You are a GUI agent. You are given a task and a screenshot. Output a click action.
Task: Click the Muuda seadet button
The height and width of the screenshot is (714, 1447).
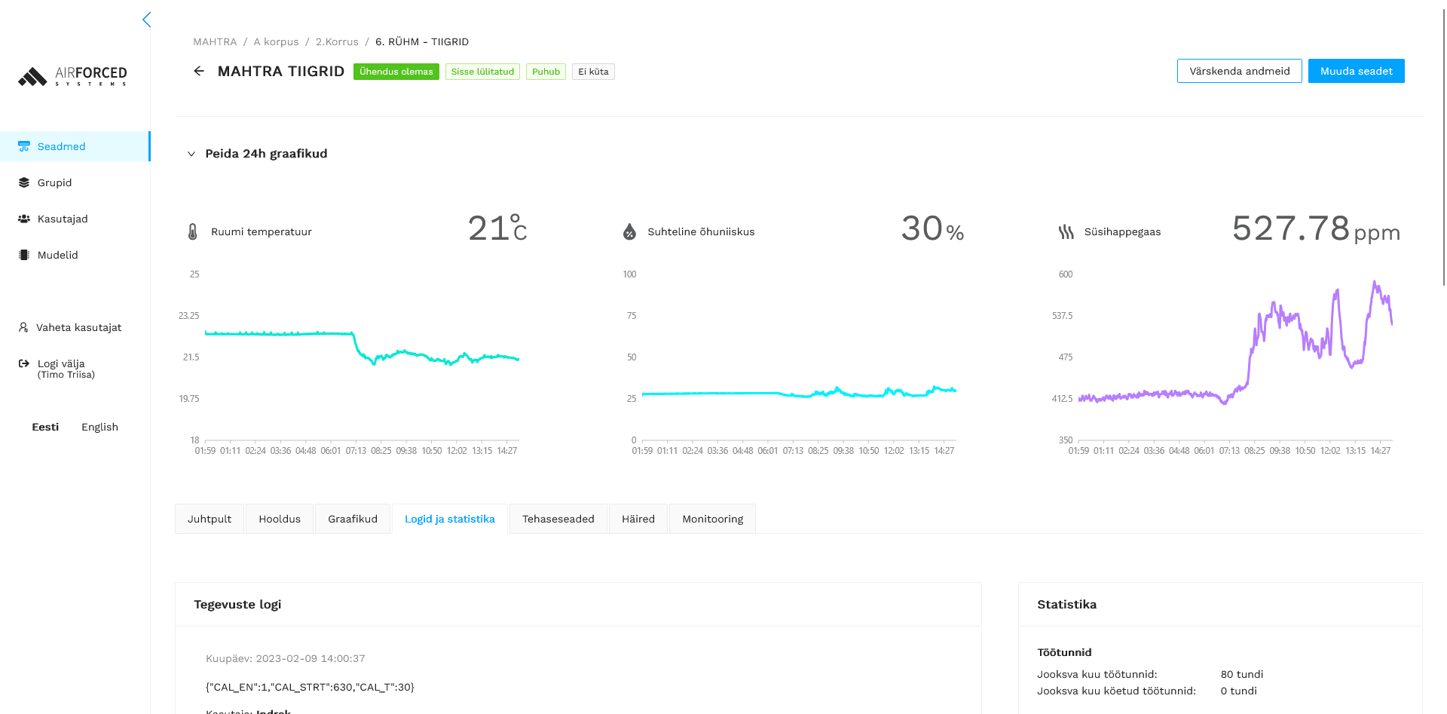(1356, 71)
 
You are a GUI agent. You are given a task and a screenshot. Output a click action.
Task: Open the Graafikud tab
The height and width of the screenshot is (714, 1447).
(353, 519)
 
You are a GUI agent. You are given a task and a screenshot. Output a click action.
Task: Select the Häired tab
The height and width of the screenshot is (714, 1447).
(638, 519)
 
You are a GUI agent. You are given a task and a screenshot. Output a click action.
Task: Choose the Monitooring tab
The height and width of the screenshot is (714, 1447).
(712, 519)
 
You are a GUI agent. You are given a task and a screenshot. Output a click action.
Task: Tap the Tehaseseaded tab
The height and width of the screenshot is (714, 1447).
(558, 519)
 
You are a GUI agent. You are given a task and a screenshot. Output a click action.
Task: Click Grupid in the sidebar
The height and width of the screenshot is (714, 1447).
(54, 182)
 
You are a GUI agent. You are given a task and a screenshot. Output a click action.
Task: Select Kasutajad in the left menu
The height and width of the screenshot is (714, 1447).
(63, 219)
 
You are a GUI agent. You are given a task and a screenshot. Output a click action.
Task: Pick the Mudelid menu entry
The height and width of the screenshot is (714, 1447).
(57, 255)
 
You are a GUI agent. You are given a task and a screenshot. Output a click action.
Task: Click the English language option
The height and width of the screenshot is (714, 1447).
(99, 427)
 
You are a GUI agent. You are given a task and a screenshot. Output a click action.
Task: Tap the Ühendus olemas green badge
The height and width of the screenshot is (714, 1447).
(396, 72)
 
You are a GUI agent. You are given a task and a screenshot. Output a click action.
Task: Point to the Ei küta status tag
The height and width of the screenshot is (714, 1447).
(593, 72)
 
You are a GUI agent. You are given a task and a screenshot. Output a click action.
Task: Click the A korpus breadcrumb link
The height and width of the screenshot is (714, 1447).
(276, 41)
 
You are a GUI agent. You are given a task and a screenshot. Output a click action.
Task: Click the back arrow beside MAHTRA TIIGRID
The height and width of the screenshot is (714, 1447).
(199, 71)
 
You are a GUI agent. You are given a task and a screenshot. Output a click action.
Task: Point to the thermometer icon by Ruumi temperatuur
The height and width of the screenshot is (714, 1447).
(192, 231)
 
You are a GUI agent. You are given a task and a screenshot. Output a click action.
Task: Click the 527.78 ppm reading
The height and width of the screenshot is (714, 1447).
(1315, 228)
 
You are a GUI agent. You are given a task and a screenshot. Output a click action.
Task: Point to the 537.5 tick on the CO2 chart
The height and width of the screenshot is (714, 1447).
(1062, 316)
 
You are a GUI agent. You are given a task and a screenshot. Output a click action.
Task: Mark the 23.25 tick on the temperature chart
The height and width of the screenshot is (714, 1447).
(188, 316)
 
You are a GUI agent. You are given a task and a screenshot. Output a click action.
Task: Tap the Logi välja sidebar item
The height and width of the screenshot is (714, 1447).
(60, 364)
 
